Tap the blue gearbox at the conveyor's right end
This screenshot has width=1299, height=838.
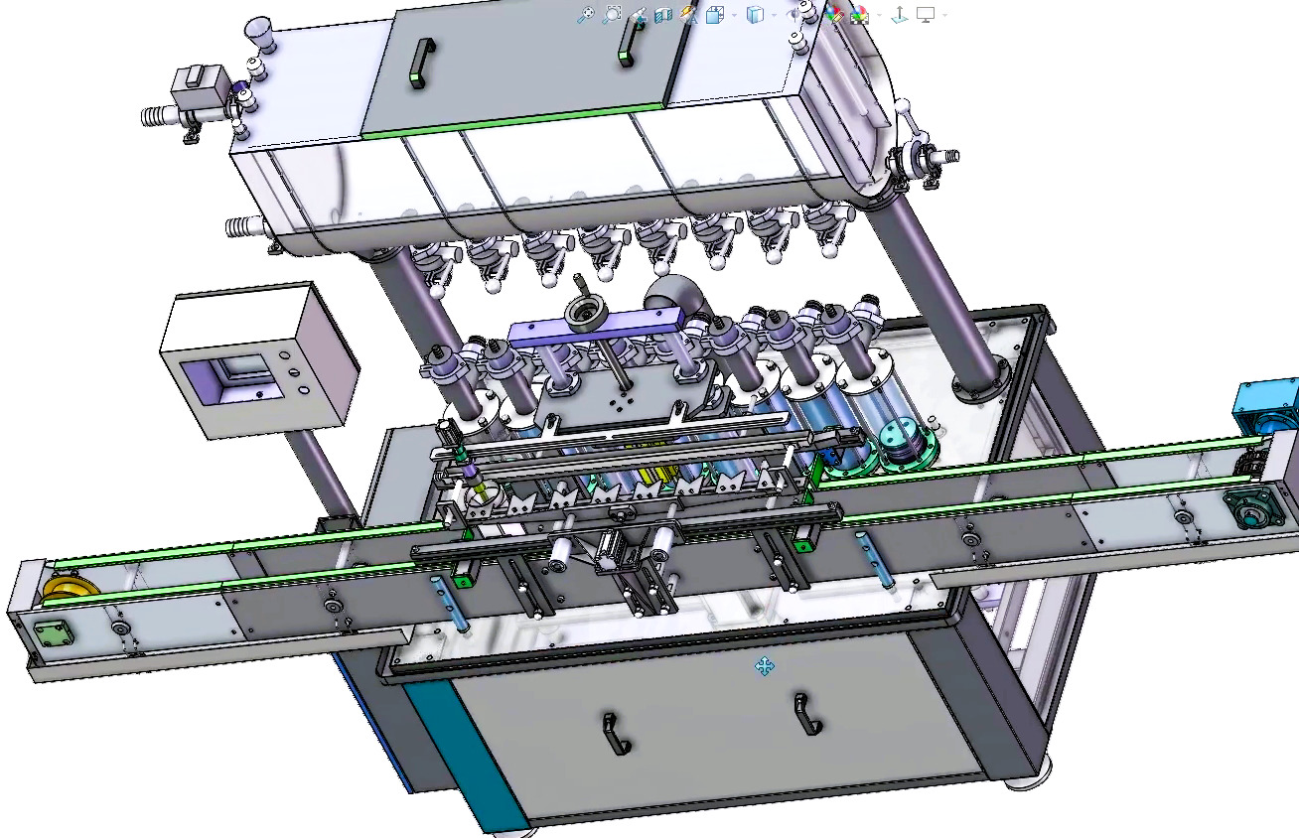click(x=1267, y=403)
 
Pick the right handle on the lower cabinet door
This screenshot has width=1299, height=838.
click(x=805, y=714)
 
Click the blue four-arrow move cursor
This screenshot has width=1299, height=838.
click(x=764, y=666)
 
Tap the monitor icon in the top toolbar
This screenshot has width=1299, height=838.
click(x=926, y=14)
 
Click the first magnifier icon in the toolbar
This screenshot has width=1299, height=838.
click(x=587, y=14)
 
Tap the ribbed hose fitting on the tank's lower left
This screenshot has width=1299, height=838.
click(x=238, y=227)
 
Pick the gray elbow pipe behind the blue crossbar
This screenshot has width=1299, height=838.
click(x=673, y=294)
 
